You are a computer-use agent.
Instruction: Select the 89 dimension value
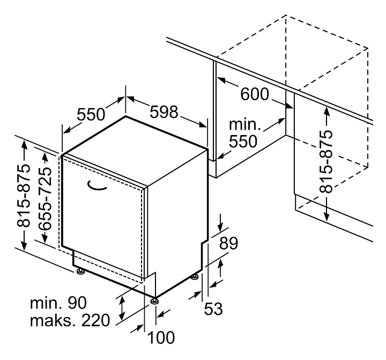228,244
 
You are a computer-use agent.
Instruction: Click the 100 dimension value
161,337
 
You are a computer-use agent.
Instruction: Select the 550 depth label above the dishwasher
90,114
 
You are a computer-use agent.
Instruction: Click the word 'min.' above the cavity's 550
244,125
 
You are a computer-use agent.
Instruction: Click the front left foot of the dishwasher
81,272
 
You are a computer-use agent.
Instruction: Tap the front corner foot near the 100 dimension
155,301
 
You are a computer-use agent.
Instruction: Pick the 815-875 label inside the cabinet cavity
325,161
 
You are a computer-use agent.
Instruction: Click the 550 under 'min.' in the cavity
243,141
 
